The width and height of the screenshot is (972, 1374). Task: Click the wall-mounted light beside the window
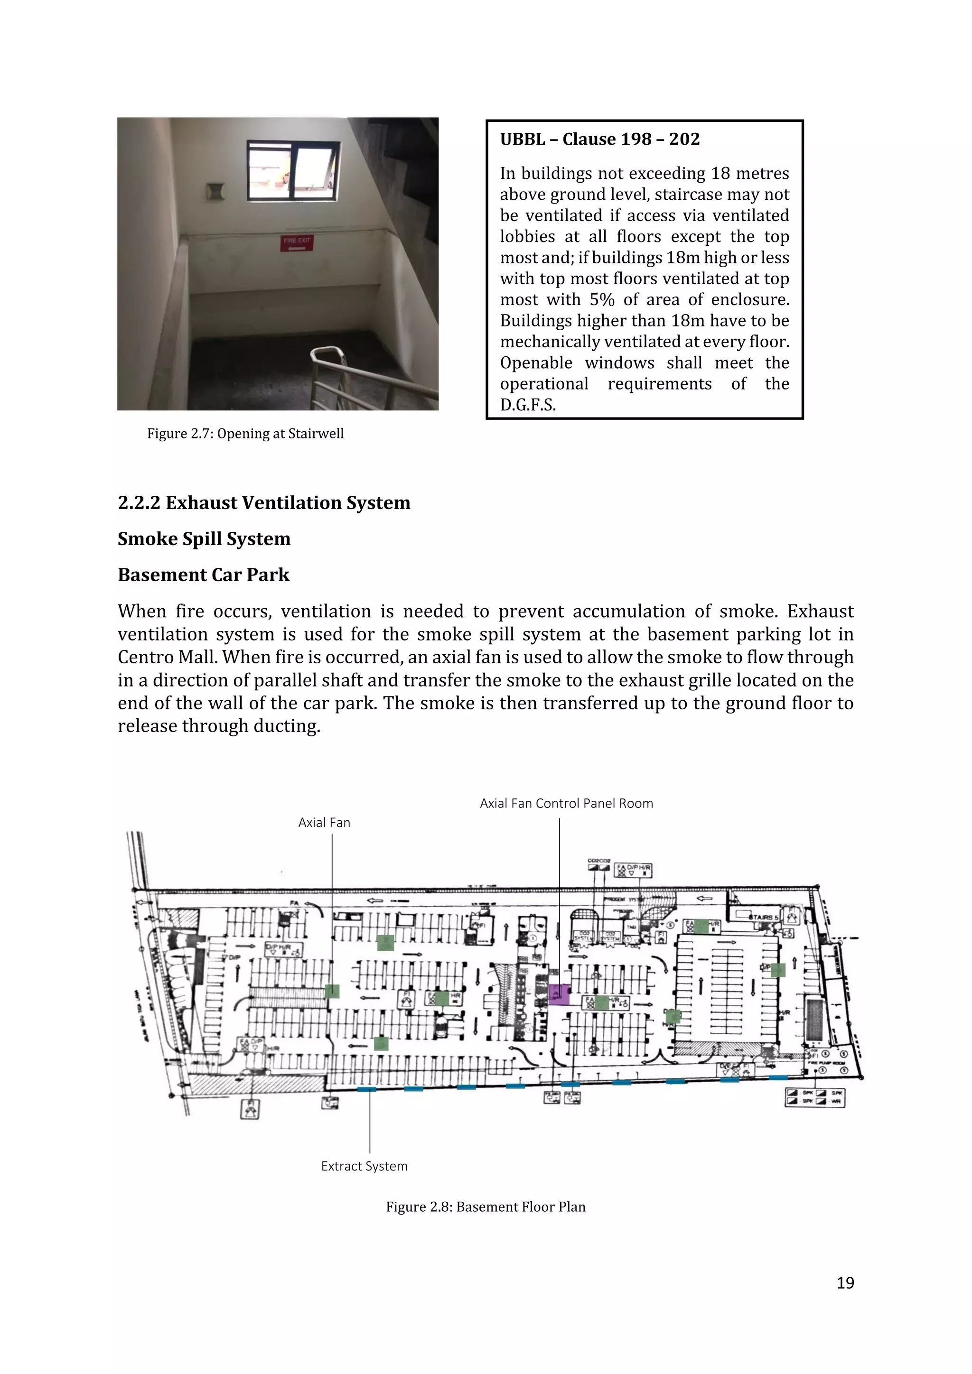coord(215,192)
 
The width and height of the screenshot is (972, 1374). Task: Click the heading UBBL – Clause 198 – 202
coord(600,139)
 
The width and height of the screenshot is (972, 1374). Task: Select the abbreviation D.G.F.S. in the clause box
coord(528,405)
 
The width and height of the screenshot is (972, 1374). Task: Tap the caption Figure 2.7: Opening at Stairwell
coord(245,434)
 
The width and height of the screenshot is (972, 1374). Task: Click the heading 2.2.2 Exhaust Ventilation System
coord(264,503)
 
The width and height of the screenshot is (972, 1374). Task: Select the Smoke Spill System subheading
coord(204,539)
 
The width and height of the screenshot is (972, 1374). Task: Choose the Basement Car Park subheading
coord(204,575)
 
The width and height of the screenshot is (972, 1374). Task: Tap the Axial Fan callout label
coord(325,823)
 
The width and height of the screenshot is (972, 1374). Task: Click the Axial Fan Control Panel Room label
coord(566,804)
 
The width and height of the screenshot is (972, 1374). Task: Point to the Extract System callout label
coord(364,1166)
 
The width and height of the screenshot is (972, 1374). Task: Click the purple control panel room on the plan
coord(559,994)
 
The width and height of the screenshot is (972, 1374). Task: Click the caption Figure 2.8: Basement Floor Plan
coord(486,1207)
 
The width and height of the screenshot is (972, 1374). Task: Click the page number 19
coord(845,1283)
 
